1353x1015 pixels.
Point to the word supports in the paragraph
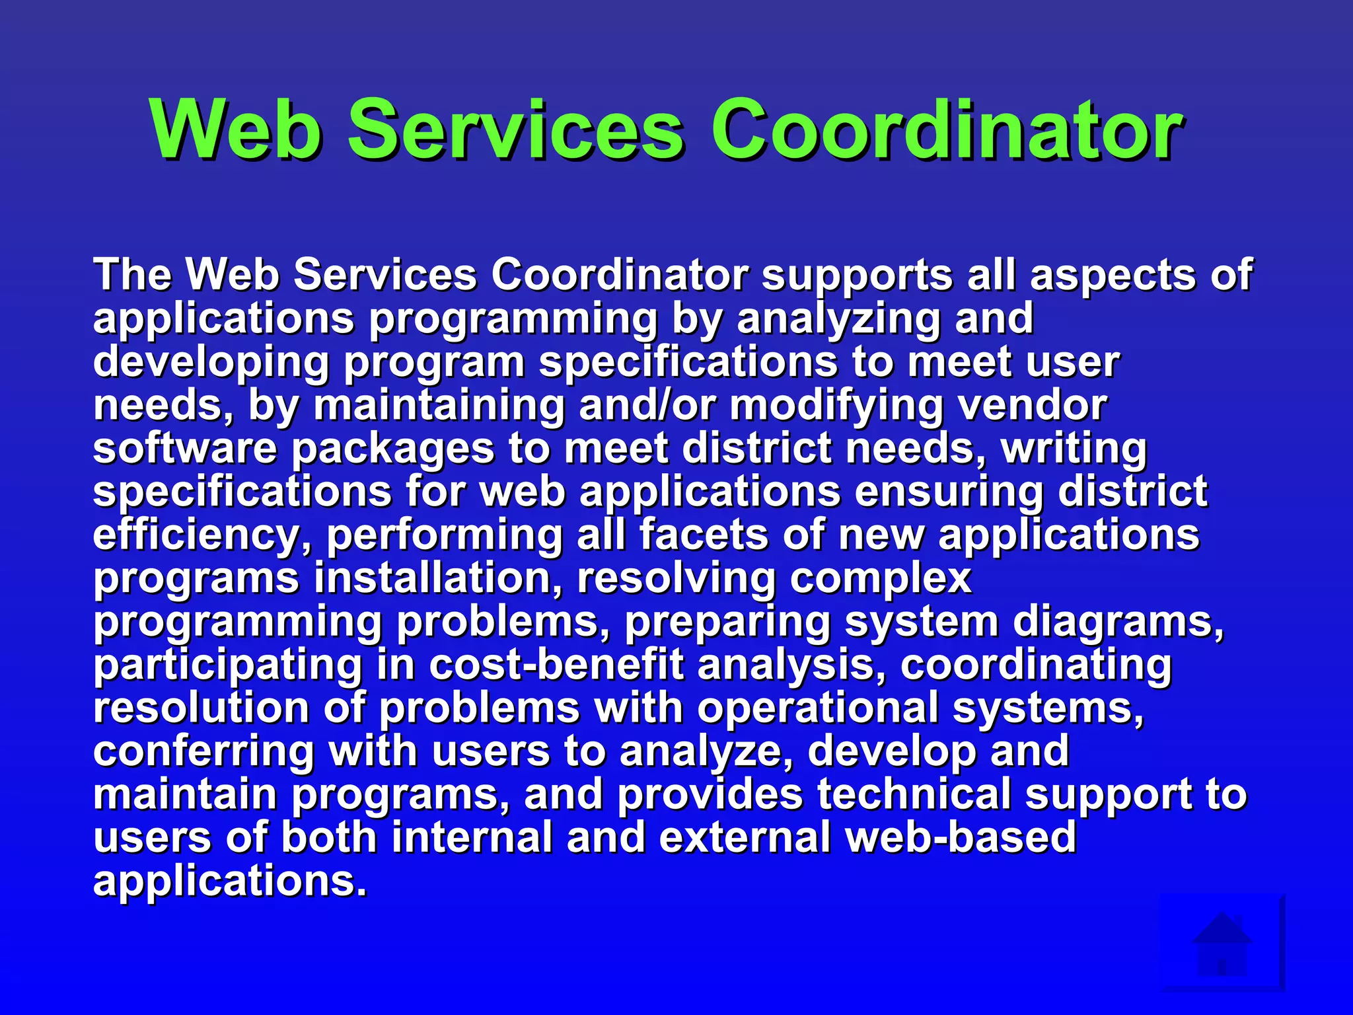[857, 274]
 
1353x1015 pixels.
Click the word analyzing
[838, 319]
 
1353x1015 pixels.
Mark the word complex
[881, 579]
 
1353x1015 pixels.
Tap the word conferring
[203, 751]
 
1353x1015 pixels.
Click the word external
[745, 837]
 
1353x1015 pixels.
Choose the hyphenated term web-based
[961, 837]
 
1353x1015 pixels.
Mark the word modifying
[836, 405]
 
